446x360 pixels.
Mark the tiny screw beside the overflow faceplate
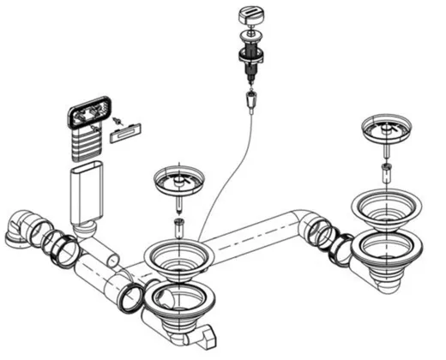(x=119, y=118)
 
